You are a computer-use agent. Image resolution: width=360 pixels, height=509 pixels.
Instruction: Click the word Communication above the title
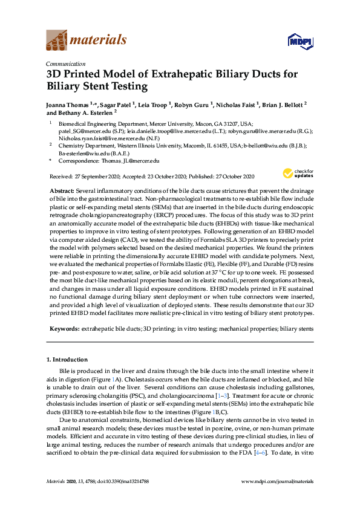(65, 63)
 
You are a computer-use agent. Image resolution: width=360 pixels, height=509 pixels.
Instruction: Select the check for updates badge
(296, 173)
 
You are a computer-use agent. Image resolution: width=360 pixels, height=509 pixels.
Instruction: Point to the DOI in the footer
(116, 481)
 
